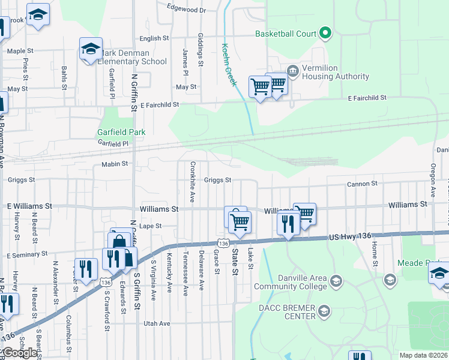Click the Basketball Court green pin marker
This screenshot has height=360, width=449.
pyautogui.click(x=325, y=33)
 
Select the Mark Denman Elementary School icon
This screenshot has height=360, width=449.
pyautogui.click(x=91, y=49)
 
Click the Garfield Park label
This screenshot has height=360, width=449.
pyautogui.click(x=122, y=132)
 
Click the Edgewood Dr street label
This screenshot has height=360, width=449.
pyautogui.click(x=187, y=10)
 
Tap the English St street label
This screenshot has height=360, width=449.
pyautogui.click(x=154, y=38)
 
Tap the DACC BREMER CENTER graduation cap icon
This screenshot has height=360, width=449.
pyautogui.click(x=325, y=311)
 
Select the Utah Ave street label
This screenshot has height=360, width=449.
pyautogui.click(x=157, y=323)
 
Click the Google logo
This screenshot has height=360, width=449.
pyautogui.click(x=20, y=353)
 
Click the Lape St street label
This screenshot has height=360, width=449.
pyautogui.click(x=151, y=226)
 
